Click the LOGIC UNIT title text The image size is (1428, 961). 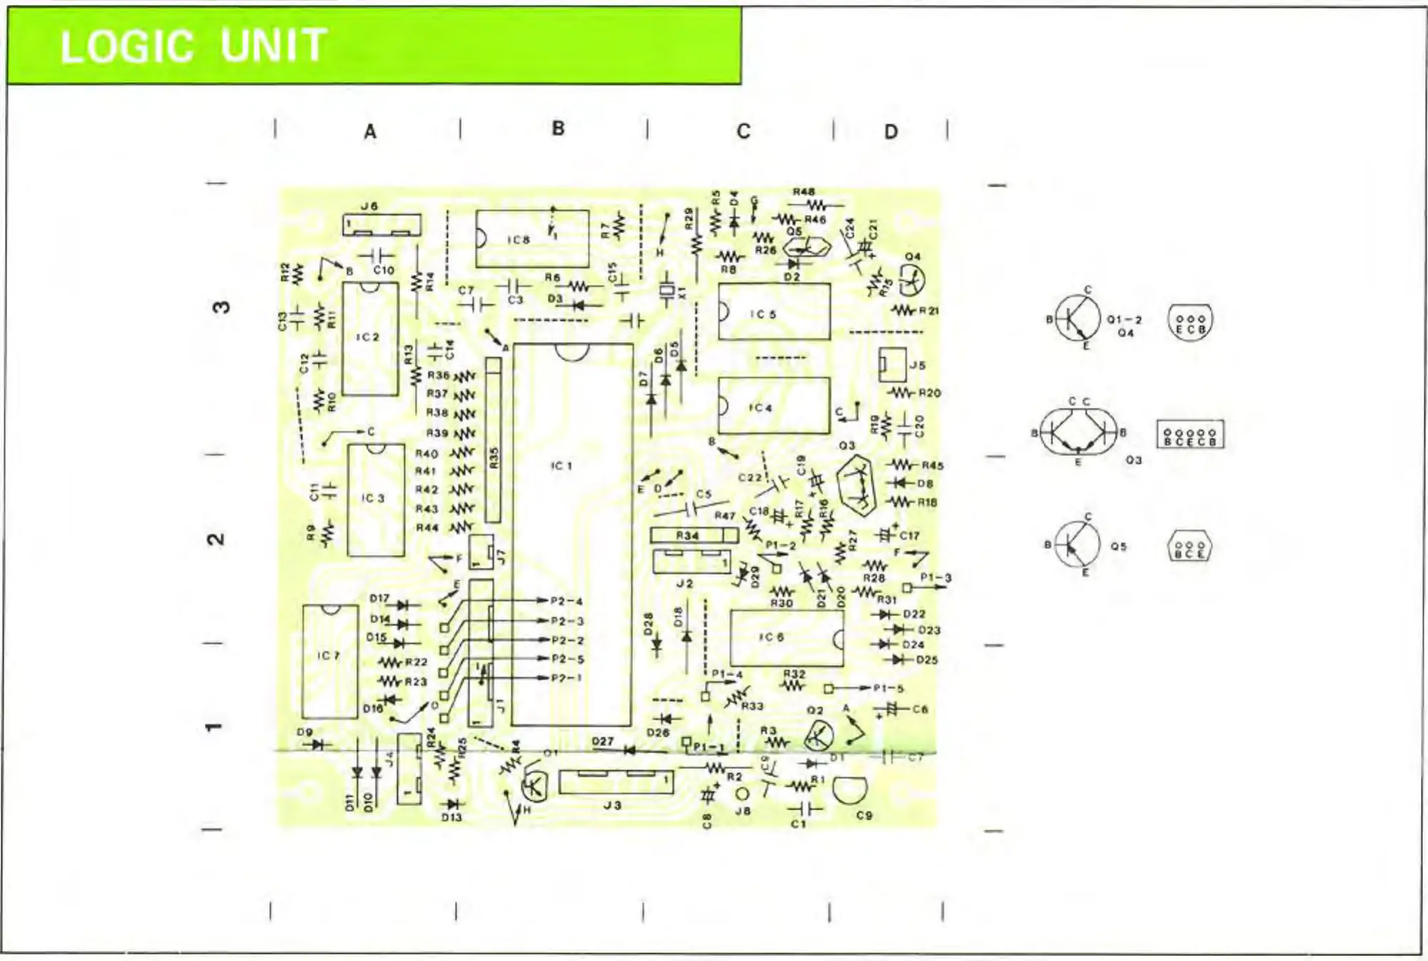point(193,46)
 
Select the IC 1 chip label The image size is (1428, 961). point(561,466)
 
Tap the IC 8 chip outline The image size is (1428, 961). point(533,238)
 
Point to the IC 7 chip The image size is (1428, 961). point(329,662)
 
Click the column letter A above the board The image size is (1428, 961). point(370,132)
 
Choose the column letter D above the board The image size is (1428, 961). point(891,132)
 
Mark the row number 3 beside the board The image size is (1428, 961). point(221,307)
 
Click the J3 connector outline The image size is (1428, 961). point(615,782)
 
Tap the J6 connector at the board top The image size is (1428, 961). point(381,225)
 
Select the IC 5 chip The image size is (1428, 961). point(774,312)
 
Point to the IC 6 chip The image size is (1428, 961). point(785,638)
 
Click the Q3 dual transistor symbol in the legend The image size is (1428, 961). point(1078,431)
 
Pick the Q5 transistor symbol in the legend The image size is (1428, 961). point(1077,545)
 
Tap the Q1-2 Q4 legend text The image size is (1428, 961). point(1125,326)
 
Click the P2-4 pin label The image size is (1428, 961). point(567,601)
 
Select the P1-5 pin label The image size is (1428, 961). point(888,688)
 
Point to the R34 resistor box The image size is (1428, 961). point(693,535)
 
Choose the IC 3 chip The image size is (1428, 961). point(376,500)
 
